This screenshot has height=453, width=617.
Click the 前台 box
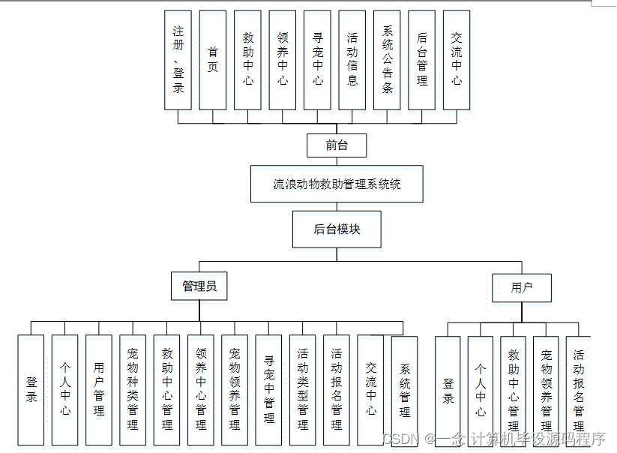pyautogui.click(x=337, y=145)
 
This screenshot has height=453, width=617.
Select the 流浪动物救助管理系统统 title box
pyautogui.click(x=337, y=184)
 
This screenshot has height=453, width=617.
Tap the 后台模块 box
pyautogui.click(x=337, y=229)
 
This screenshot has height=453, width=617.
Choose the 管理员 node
pyautogui.click(x=199, y=286)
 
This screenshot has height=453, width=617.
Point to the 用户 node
pyautogui.click(x=522, y=287)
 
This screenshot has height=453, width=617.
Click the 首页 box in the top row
pyautogui.click(x=213, y=60)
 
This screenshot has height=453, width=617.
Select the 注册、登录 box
pyautogui.click(x=178, y=60)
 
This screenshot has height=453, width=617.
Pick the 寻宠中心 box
pyautogui.click(x=318, y=60)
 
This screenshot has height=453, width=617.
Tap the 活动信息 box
pyautogui.click(x=352, y=60)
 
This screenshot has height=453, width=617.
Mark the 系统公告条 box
pyautogui.click(x=388, y=60)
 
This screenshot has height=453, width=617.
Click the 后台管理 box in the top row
pyautogui.click(x=422, y=60)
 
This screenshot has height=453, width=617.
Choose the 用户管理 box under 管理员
pyautogui.click(x=99, y=389)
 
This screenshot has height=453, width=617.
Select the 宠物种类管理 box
pyautogui.click(x=133, y=389)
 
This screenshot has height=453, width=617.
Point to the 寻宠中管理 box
pyautogui.click(x=268, y=389)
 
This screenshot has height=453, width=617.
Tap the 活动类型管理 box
pyautogui.click(x=302, y=389)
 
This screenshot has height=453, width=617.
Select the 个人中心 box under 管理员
pyautogui.click(x=65, y=389)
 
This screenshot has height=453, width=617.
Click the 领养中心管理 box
pyautogui.click(x=200, y=389)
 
